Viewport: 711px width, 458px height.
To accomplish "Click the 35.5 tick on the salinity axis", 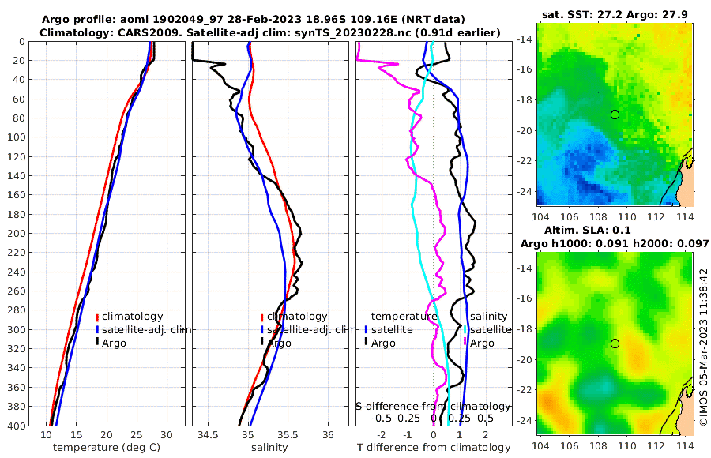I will (x=288, y=435).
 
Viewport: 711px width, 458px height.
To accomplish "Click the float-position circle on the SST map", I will (x=615, y=114).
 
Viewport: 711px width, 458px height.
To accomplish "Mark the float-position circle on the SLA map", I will (x=615, y=343).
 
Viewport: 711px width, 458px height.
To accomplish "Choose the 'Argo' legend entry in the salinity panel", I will (x=279, y=343).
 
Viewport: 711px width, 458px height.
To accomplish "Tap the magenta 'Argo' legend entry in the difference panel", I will (x=482, y=343).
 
